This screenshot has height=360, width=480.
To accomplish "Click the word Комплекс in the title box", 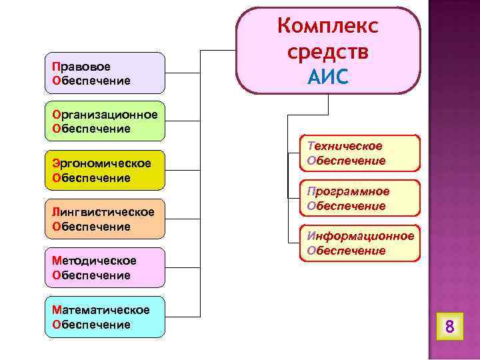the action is tap(327, 27).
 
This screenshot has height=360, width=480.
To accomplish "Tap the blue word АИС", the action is tap(327, 77).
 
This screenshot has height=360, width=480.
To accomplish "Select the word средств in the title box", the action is tap(327, 52).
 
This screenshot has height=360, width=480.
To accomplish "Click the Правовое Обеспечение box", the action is tap(104, 73).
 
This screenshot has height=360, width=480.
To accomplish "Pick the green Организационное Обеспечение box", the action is tap(104, 121).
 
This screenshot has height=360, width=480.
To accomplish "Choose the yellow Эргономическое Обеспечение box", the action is tap(104, 171).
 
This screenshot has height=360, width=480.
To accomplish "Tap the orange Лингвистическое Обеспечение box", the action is tap(104, 219).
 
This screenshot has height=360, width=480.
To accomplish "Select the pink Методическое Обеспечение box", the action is tap(104, 267).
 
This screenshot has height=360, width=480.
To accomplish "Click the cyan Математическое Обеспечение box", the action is tap(104, 317).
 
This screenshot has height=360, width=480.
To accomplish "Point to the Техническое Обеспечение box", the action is tap(360, 153).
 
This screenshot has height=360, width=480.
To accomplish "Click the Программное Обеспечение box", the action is tap(360, 199).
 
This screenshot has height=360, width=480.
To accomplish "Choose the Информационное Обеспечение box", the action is tap(360, 243).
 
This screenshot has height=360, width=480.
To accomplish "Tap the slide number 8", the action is tap(449, 327).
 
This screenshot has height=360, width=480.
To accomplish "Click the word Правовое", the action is tap(81, 67).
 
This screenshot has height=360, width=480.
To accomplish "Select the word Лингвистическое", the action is tap(103, 212).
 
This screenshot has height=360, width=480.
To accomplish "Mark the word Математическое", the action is tap(101, 310).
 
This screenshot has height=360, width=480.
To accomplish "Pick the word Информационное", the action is tap(360, 236).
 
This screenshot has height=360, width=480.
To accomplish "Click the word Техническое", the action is tap(345, 146).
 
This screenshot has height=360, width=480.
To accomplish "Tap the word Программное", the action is tap(348, 191).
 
